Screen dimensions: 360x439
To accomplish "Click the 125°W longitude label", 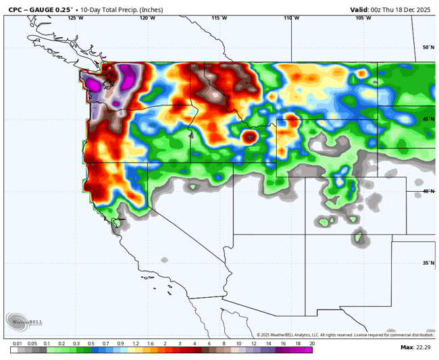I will pos(76,18).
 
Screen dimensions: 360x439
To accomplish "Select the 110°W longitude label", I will pos(291,18).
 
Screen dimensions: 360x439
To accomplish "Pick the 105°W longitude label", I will pos(363,18).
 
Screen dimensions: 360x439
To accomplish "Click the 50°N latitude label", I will pos(428,47).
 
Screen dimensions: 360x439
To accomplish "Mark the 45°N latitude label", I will pos(428,120).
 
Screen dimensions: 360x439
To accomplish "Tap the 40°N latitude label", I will pos(428,191).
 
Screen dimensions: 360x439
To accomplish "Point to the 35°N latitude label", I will pos(428,263).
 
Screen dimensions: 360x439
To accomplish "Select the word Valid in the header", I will pos(359,9).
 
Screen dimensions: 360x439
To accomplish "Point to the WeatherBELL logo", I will pos(24,320).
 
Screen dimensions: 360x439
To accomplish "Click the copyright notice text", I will pos(344,334).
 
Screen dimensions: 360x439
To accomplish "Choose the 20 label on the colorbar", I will pos(311,344).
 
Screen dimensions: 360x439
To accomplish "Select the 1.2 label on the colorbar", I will pos(135,344).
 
